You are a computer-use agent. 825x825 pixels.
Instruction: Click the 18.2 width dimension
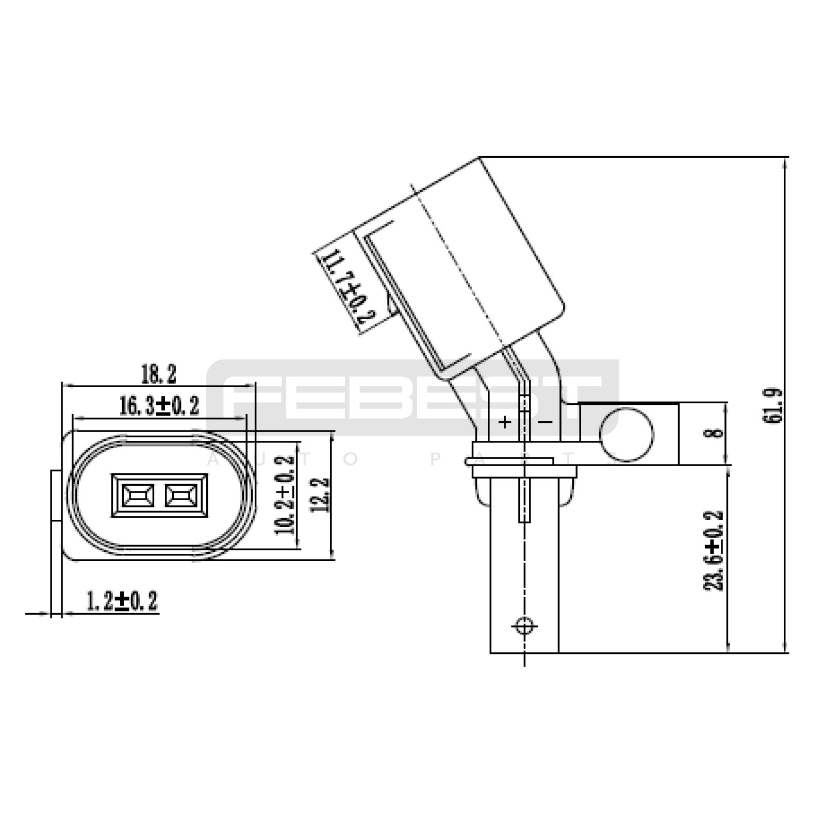[159, 374]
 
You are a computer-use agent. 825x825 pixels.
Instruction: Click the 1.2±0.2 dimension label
[122, 601]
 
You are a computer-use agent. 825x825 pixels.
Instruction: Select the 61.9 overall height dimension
[772, 405]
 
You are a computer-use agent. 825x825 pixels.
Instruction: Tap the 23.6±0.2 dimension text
[714, 550]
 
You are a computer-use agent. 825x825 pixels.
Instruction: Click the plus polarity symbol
[505, 422]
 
